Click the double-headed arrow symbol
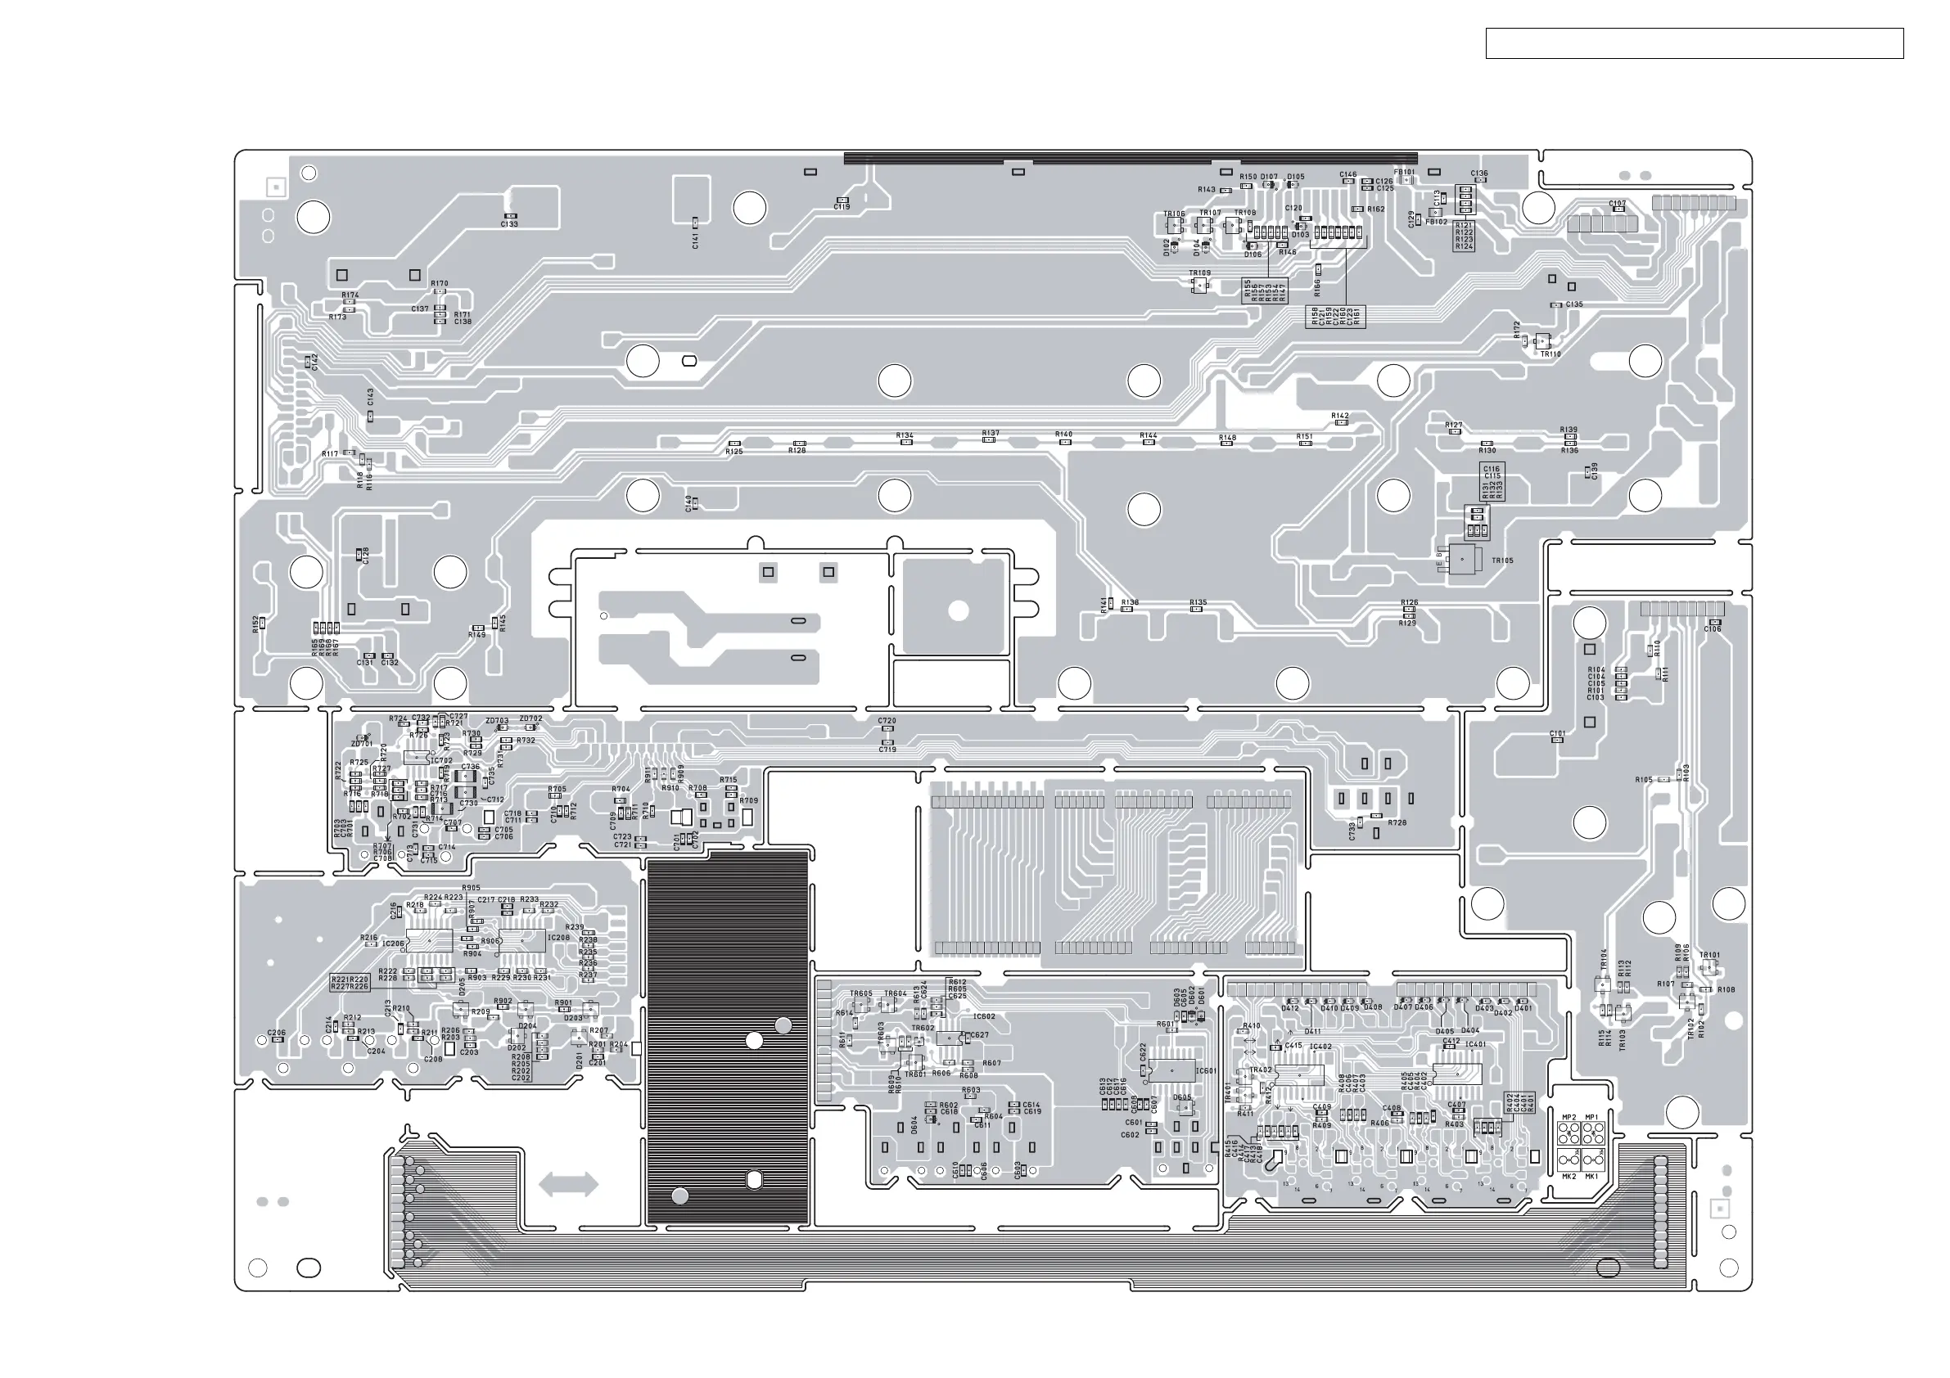pyautogui.click(x=568, y=1184)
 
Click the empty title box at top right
pyautogui.click(x=1694, y=43)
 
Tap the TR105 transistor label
pyautogui.click(x=1502, y=561)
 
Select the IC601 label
pyautogui.click(x=1206, y=1071)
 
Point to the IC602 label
pyautogui.click(x=983, y=1016)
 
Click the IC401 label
pyautogui.click(x=1475, y=1045)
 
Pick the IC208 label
pyautogui.click(x=559, y=939)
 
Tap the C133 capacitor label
pyautogui.click(x=509, y=224)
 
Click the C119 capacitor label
pyautogui.click(x=842, y=207)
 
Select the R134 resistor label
pyautogui.click(x=905, y=435)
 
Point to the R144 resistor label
pyautogui.click(x=1149, y=435)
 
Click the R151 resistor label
pyautogui.click(x=1305, y=436)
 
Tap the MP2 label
pyautogui.click(x=1569, y=1117)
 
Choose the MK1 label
pyautogui.click(x=1591, y=1177)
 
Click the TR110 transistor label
pyautogui.click(x=1551, y=354)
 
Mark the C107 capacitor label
pyautogui.click(x=1617, y=204)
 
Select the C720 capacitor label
pyautogui.click(x=887, y=721)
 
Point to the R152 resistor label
pyautogui.click(x=255, y=624)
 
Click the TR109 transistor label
pyautogui.click(x=1199, y=273)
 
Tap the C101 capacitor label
pyautogui.click(x=1557, y=733)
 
